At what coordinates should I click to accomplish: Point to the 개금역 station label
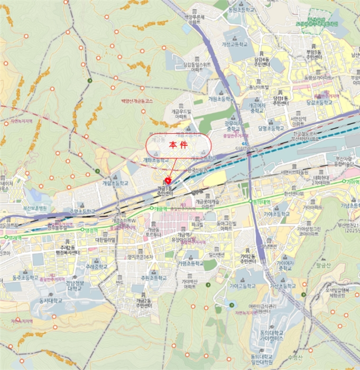[161, 209]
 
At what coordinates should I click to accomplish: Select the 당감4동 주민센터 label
[263, 62]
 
